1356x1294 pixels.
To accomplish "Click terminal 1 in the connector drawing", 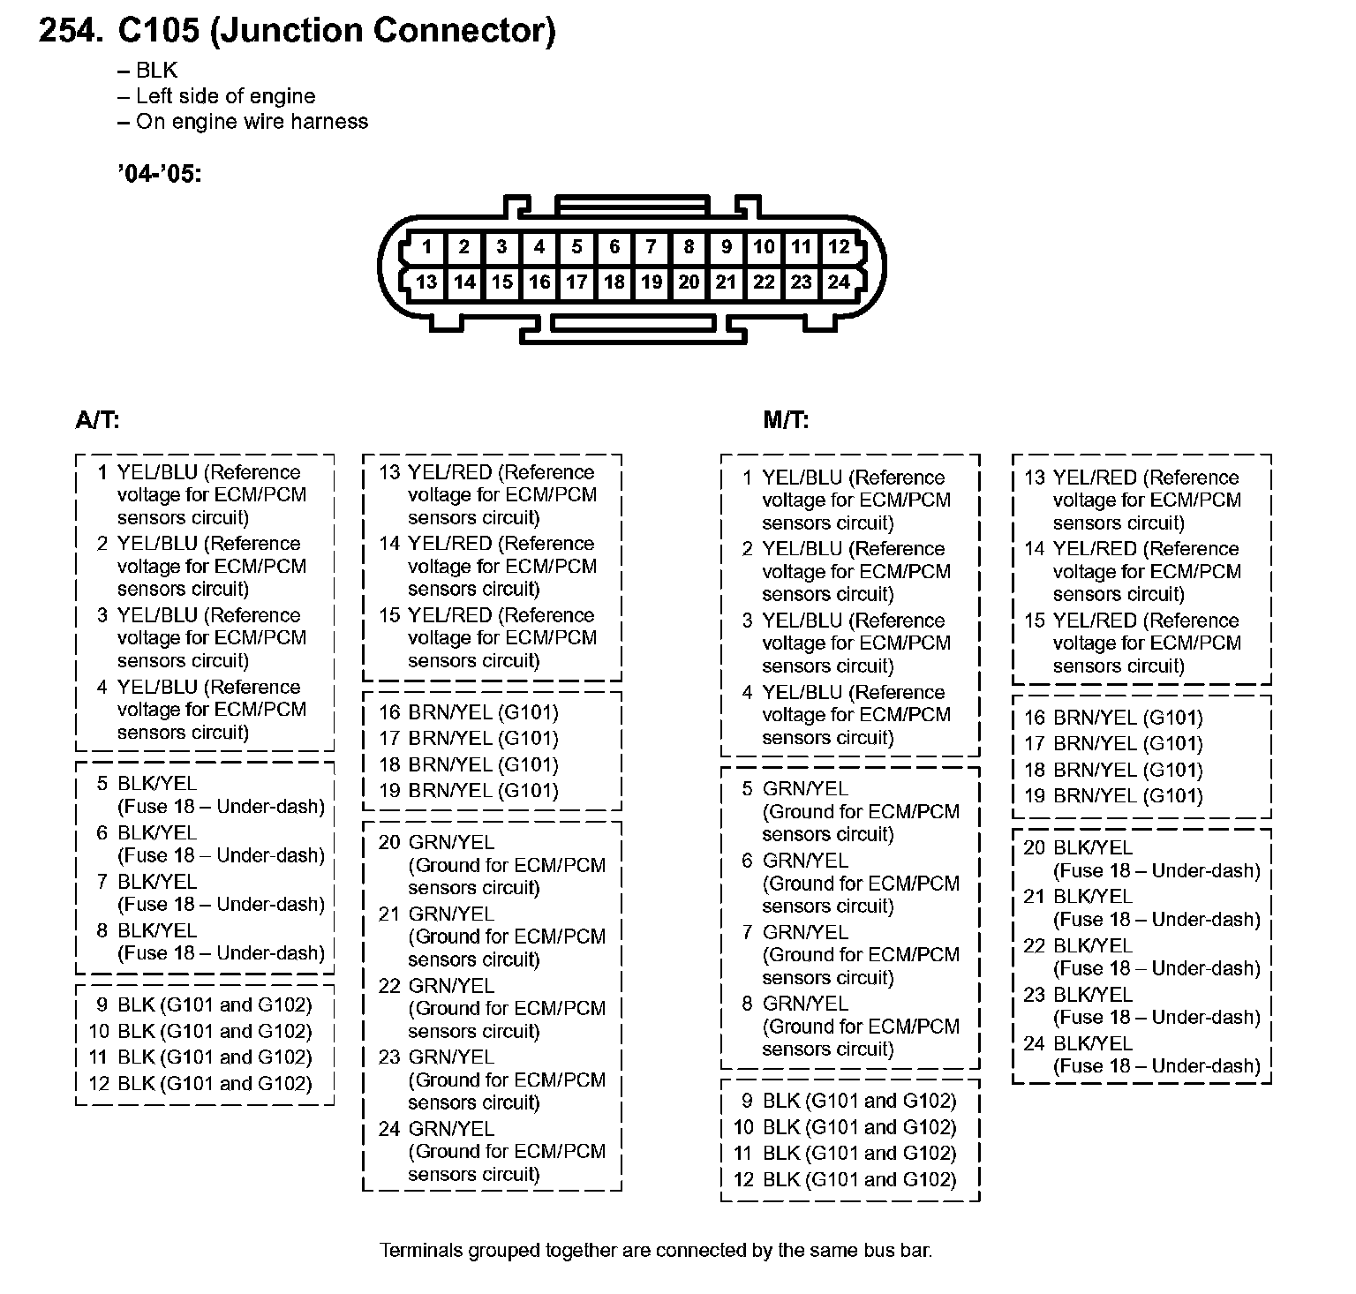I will pyautogui.click(x=426, y=247).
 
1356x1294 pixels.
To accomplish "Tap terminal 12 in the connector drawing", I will pyautogui.click(x=839, y=247).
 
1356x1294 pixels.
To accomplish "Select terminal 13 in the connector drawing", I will pyautogui.click(x=426, y=282).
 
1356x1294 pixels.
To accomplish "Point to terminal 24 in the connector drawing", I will pyautogui.click(x=839, y=282).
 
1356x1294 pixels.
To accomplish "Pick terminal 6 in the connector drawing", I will pyautogui.click(x=614, y=247).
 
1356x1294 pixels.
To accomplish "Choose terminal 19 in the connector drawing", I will pyautogui.click(x=652, y=282).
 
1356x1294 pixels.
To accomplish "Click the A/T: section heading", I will pyautogui.click(x=97, y=420).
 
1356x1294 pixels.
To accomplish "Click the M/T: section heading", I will pyautogui.click(x=786, y=420).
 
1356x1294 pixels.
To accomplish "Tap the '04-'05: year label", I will pyautogui.click(x=159, y=174).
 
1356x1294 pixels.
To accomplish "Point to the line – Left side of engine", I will pyautogui.click(x=215, y=96).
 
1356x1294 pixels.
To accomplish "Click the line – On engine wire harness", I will pyautogui.click(x=242, y=122).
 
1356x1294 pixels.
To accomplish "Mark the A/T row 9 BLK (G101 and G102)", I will pyautogui.click(x=203, y=1005).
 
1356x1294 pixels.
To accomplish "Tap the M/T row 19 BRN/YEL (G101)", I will pyautogui.click(x=1115, y=796).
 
